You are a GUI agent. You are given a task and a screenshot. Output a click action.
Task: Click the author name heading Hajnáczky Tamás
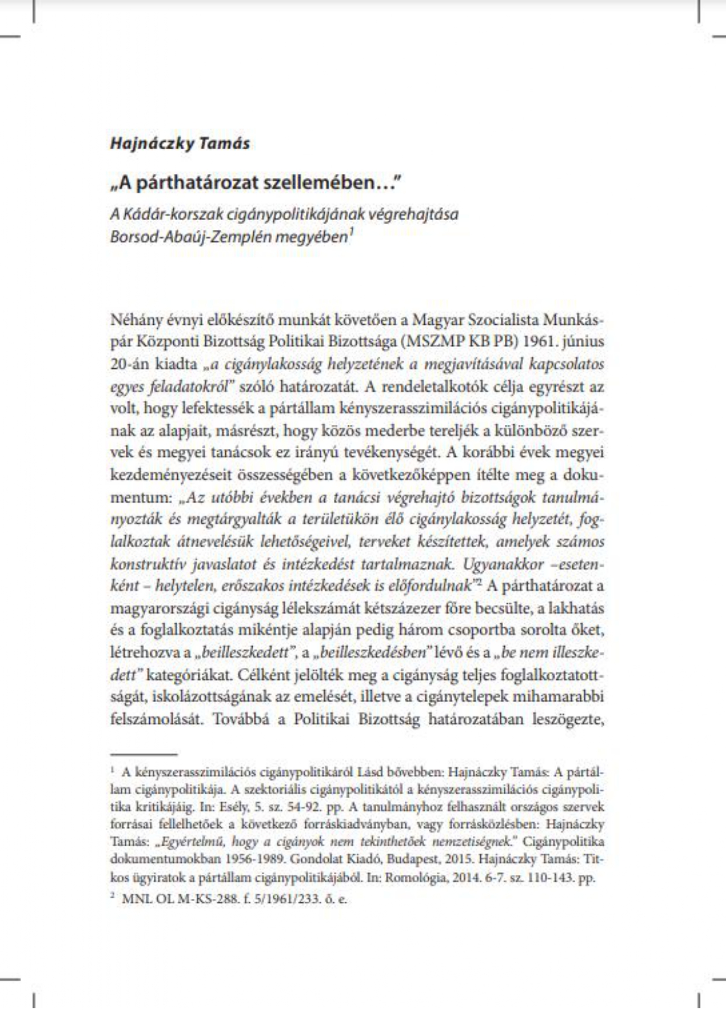[x=180, y=143]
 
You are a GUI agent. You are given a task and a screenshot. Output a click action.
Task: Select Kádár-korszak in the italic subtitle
[x=160, y=214]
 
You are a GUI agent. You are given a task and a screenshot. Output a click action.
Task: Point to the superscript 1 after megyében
[x=351, y=233]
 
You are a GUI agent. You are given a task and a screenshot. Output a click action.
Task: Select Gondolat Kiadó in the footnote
[x=324, y=860]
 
